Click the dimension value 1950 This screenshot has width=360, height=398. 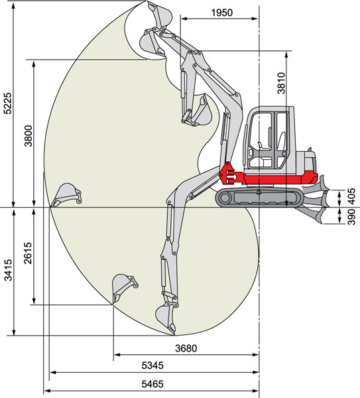point(221,13)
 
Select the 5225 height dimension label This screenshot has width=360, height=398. point(8,103)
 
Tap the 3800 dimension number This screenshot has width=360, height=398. point(29,136)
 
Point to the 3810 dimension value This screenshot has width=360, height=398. point(281,83)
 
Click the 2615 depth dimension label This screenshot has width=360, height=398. point(28,253)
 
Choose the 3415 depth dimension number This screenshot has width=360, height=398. point(8,270)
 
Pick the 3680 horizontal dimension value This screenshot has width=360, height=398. point(186,348)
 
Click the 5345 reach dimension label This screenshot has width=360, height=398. point(152,365)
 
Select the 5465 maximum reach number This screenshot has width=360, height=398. point(152,384)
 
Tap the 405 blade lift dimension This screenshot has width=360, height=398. point(351,196)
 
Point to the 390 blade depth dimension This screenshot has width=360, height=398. point(351,217)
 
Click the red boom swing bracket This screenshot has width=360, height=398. point(228,174)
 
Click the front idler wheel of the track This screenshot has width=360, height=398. point(225,198)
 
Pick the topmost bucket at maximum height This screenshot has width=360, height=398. point(159,15)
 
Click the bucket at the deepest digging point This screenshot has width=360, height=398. point(166,318)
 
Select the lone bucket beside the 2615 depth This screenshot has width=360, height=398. point(125,288)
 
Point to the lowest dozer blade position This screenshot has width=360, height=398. point(312,215)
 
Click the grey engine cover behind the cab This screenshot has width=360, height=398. point(306,162)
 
